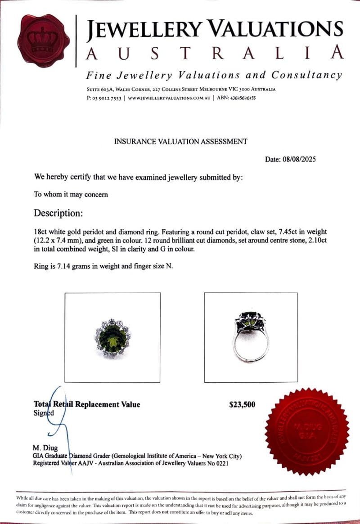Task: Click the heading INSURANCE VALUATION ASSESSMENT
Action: pos(180,141)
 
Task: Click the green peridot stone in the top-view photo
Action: pos(112,336)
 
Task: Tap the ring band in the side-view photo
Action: pos(251,347)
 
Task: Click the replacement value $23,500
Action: pos(242,404)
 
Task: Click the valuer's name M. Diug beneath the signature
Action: pos(45,448)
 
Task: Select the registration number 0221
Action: pos(220,463)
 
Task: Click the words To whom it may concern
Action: pos(71,195)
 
